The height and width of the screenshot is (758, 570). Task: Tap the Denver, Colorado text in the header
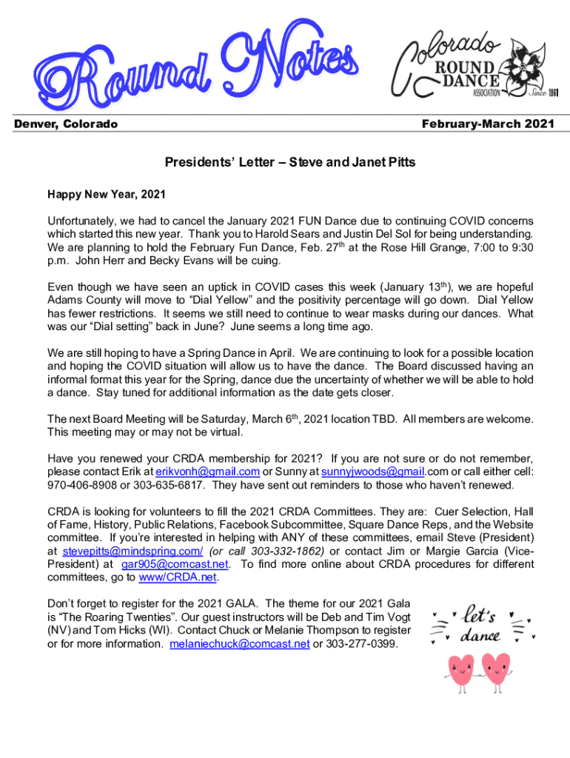(x=66, y=124)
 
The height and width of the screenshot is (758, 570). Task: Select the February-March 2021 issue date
(x=487, y=124)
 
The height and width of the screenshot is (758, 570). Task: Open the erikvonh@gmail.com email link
(x=207, y=472)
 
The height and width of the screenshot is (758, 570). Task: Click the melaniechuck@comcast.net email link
(x=239, y=644)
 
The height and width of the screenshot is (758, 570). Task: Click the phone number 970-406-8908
(x=81, y=485)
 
